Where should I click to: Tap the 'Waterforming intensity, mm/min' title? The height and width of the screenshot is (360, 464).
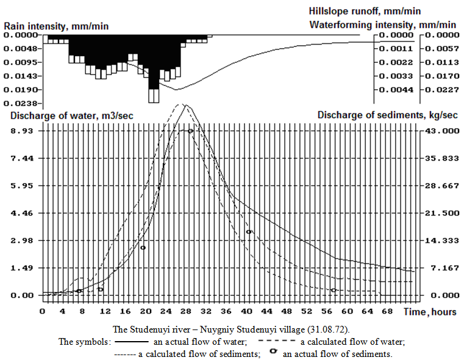(x=382, y=25)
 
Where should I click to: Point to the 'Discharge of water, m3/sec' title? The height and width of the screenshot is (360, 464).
(x=69, y=115)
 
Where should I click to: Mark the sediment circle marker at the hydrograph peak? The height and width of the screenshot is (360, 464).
(x=191, y=131)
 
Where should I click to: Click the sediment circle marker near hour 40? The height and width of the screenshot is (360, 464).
(x=249, y=232)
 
